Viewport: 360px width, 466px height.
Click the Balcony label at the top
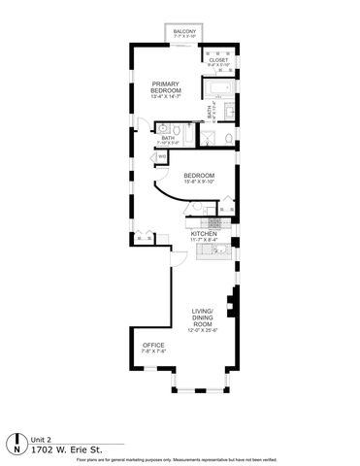[x=184, y=32]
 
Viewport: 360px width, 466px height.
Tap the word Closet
[x=217, y=61]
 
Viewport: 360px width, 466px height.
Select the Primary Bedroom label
[x=166, y=86]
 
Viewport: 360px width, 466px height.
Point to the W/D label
[x=162, y=155]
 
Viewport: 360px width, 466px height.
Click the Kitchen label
[x=203, y=234]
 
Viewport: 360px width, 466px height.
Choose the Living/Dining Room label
[x=202, y=316]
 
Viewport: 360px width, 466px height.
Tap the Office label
[x=152, y=346]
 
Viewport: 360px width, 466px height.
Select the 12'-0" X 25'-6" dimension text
[x=202, y=329]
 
